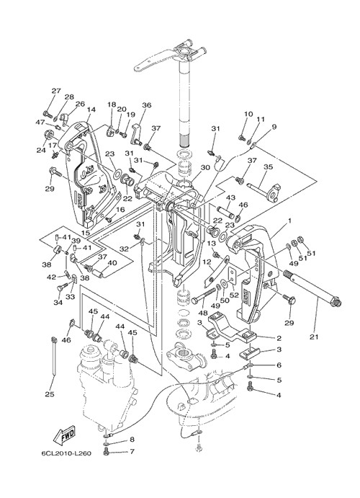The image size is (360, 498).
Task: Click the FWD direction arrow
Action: click(x=64, y=435)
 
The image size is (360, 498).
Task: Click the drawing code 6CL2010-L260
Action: click(x=66, y=453)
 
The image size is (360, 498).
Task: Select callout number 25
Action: click(x=50, y=394)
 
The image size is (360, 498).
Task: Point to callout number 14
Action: click(x=91, y=110)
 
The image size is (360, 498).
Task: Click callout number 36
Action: click(x=147, y=105)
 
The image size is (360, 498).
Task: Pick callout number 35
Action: click(x=269, y=166)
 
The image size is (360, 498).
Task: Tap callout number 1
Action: click(x=289, y=220)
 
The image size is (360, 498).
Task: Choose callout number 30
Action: click(x=205, y=167)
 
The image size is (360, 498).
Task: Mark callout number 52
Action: click(x=235, y=295)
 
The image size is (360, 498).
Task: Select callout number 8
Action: click(x=132, y=440)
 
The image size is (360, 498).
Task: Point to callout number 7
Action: click(x=132, y=451)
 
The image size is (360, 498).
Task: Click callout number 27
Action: click(x=56, y=91)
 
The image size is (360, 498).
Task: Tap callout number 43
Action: click(x=230, y=197)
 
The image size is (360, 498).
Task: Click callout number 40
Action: click(x=112, y=262)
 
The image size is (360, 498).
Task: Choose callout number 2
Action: click(x=279, y=338)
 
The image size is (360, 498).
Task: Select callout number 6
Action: click(x=279, y=365)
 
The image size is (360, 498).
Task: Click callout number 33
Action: click(x=71, y=296)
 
